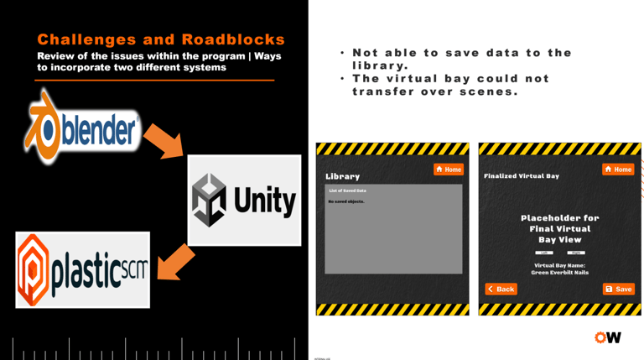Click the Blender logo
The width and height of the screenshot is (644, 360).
81,129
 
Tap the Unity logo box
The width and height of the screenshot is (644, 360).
244,200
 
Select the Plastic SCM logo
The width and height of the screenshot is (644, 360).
82,269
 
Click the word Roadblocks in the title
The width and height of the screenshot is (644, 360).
233,39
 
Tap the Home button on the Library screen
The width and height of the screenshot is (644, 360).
449,170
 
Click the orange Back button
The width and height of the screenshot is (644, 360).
501,289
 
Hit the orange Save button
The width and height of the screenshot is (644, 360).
619,289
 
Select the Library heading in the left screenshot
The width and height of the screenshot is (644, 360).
342,176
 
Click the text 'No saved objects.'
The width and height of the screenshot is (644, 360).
346,201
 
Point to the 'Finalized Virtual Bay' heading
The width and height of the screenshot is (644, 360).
522,176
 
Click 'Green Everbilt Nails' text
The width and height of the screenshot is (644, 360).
559,273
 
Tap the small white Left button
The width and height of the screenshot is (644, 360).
544,253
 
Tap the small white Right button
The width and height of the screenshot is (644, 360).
575,253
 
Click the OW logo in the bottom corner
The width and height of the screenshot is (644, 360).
607,337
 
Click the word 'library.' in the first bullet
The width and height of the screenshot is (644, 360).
380,65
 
